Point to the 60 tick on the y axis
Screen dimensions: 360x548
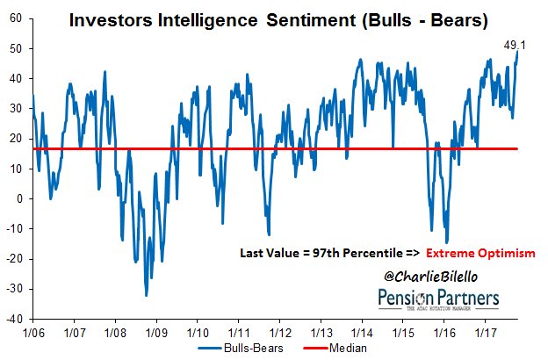pos(16,18)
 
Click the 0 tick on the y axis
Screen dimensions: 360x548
pos(19,198)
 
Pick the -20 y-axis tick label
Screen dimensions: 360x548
pos(14,259)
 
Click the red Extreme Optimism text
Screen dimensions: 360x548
pos(480,253)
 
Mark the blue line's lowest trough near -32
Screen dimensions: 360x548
pos(146,295)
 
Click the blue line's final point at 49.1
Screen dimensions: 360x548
pos(518,51)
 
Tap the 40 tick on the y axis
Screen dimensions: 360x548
pos(16,78)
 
